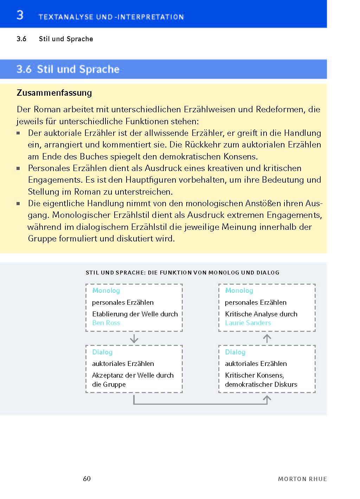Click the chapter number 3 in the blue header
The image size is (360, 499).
(x=20, y=15)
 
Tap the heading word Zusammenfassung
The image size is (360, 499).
(x=54, y=93)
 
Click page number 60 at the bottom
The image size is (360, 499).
(x=87, y=479)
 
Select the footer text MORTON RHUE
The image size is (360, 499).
(x=302, y=479)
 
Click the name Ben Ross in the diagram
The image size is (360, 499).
(x=106, y=323)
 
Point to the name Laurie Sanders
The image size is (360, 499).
(x=248, y=323)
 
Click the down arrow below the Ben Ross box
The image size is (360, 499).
(x=134, y=339)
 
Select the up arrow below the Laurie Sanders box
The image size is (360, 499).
(x=267, y=339)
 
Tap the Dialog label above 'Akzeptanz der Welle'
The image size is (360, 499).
(x=102, y=352)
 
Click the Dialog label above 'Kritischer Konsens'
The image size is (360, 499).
(x=235, y=352)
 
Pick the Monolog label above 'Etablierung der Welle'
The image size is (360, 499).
(x=106, y=291)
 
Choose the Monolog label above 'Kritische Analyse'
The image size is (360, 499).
(x=239, y=291)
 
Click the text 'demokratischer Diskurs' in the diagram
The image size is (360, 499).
(x=261, y=384)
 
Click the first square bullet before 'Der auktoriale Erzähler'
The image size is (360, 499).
(x=19, y=133)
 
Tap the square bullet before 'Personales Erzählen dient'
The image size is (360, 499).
(x=19, y=169)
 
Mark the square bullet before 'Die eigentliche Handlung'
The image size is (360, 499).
(x=19, y=204)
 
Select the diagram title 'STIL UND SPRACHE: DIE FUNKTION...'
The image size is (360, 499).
(x=182, y=272)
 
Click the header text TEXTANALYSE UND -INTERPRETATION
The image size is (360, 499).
(x=111, y=17)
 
